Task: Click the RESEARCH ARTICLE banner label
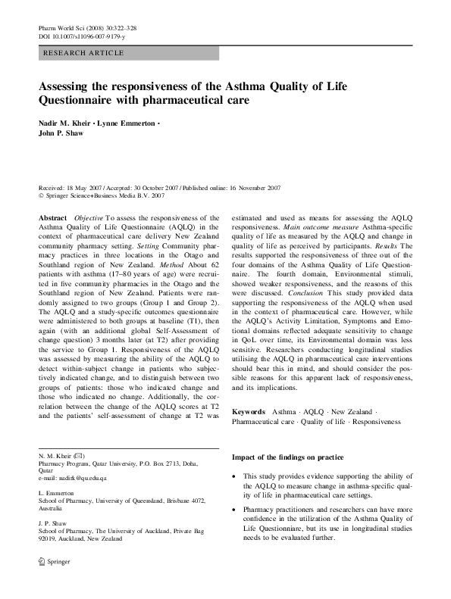point(83,53)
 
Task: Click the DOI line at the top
point(81,36)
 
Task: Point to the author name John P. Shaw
point(63,133)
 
